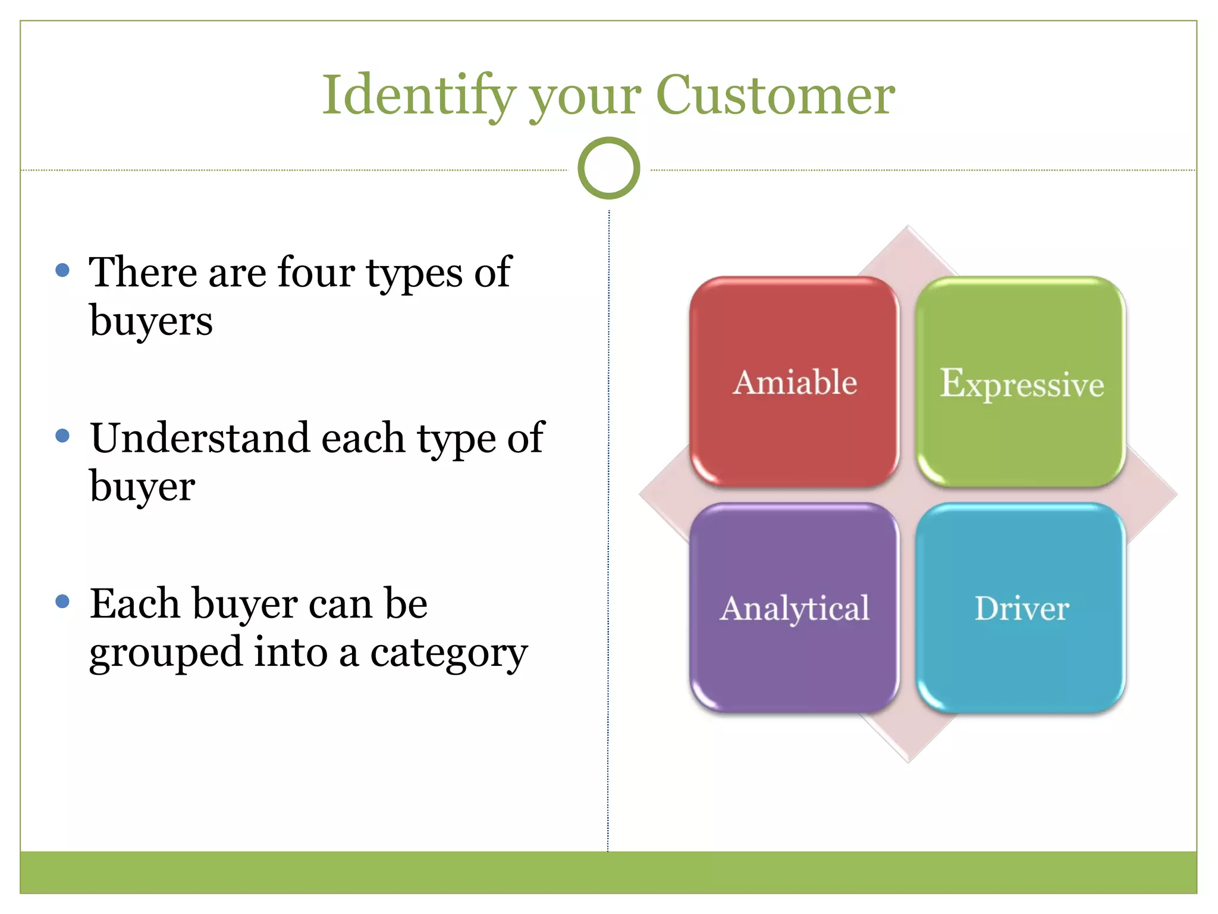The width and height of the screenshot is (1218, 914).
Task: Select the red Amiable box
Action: point(795,381)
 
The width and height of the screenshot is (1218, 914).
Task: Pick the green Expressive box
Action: point(1021,381)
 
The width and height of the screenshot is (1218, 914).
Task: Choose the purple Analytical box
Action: point(795,608)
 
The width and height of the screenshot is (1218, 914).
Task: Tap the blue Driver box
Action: point(1021,608)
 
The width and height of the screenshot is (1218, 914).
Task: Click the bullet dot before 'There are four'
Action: point(62,271)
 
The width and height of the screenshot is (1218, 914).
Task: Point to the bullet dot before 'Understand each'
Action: point(62,436)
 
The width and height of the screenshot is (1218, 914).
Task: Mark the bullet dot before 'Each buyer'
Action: point(62,602)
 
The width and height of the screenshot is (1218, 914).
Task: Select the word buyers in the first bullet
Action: point(151,321)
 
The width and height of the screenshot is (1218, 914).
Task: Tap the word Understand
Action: point(200,438)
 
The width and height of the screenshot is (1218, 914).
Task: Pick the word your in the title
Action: point(585,98)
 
